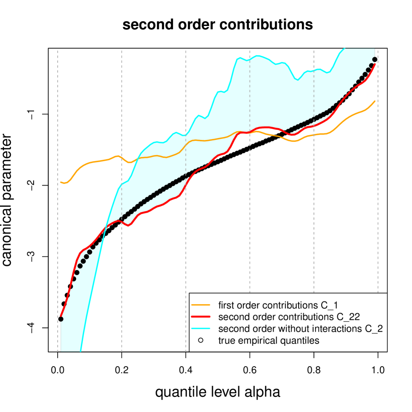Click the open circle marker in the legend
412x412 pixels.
tap(200, 340)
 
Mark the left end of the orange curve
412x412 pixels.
tap(61, 182)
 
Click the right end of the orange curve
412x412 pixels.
tap(375, 101)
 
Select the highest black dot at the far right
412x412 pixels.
tap(375, 60)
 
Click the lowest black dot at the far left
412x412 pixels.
tap(61, 319)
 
